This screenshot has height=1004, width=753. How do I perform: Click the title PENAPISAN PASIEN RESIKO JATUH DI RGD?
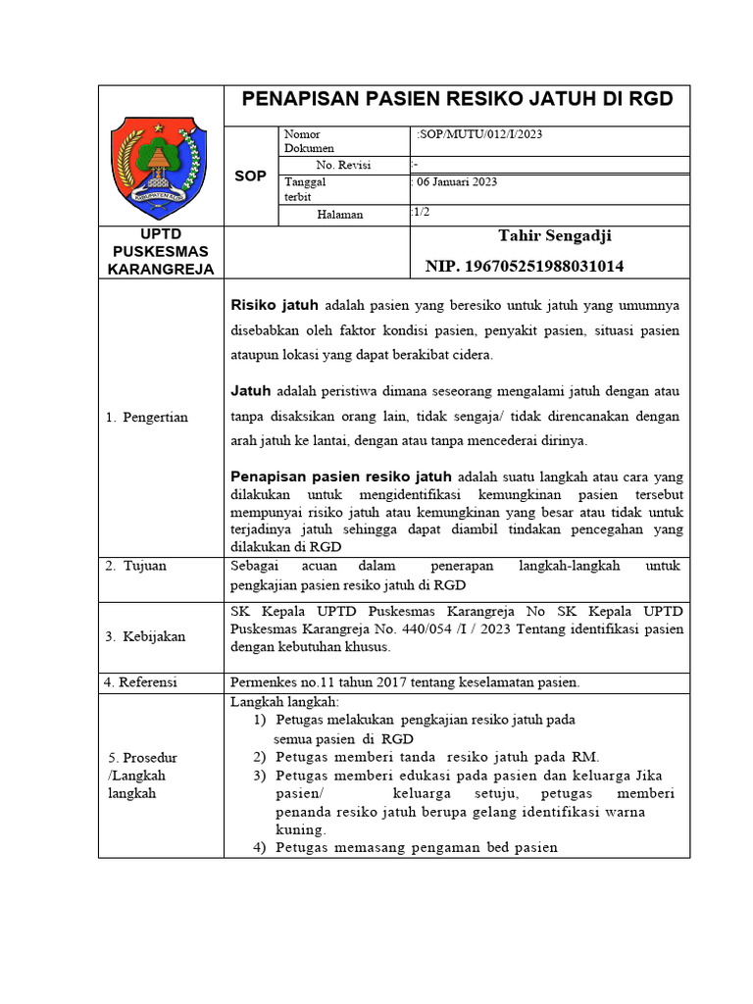click(x=457, y=99)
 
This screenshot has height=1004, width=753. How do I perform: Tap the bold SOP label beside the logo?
click(x=250, y=176)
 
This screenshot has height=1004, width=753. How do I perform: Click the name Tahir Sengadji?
click(x=555, y=235)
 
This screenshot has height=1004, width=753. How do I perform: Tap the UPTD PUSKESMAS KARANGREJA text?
click(x=161, y=252)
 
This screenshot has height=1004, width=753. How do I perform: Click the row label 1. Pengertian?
click(x=146, y=418)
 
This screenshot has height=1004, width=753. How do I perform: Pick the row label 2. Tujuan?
click(x=136, y=566)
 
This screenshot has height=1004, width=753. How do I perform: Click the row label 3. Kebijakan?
click(x=144, y=636)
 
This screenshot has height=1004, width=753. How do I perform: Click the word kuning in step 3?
click(x=299, y=828)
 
